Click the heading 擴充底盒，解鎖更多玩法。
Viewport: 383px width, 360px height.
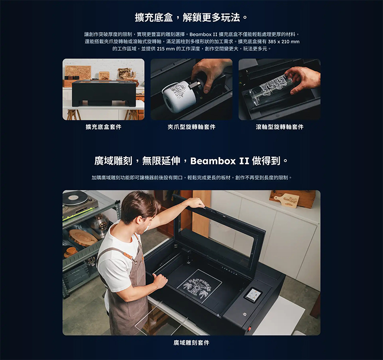[191, 17]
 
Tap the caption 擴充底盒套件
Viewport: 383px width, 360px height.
[103, 127]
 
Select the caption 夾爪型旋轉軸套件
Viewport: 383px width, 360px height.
[191, 127]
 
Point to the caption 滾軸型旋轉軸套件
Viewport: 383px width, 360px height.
[280, 127]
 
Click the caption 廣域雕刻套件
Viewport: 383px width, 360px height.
[191, 343]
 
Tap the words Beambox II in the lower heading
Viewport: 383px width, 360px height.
[220, 161]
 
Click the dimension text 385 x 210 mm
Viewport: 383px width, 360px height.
[283, 42]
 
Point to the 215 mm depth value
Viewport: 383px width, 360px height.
[166, 49]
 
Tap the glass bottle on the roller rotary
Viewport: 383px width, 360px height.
[271, 91]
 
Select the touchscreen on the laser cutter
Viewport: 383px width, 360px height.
[253, 294]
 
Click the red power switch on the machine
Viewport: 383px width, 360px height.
[249, 329]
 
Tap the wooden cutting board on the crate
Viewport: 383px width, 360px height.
[286, 200]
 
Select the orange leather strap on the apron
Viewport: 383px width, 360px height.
[129, 256]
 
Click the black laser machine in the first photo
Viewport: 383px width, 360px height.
[103, 93]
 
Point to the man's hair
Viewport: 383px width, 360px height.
[137, 207]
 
